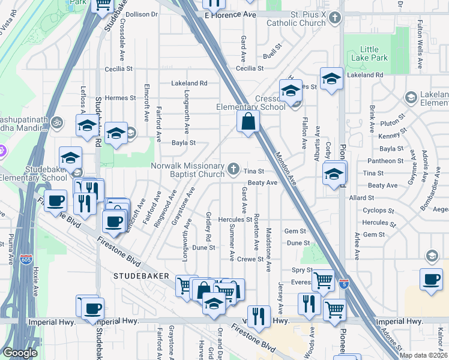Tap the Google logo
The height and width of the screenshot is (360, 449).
point(20,352)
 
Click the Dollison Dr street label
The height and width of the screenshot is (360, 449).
point(141,14)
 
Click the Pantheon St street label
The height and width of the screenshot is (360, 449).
point(385,161)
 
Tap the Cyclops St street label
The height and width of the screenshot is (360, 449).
point(382,211)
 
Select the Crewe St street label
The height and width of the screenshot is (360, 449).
point(251,259)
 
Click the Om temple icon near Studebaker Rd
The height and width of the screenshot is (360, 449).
point(57,122)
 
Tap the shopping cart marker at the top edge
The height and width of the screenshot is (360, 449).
point(103,4)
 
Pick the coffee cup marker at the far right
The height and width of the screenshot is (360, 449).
point(431,280)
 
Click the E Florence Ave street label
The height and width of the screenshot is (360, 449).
point(229,14)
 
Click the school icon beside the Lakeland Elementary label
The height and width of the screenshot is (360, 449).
point(411,97)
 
